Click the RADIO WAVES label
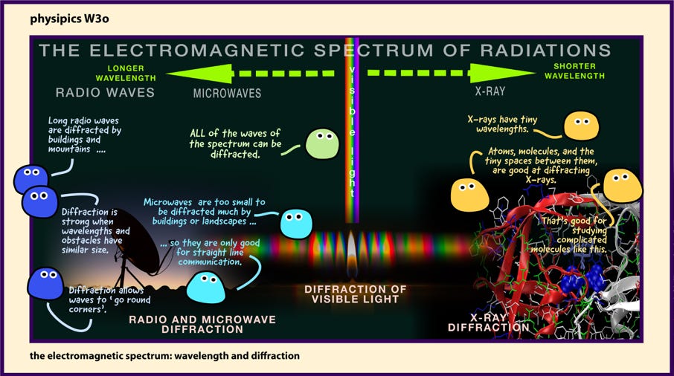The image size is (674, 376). click(x=105, y=92)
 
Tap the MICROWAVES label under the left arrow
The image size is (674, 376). click(x=227, y=93)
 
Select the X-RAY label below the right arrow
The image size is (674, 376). click(x=490, y=91)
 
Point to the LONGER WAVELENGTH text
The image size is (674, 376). click(x=126, y=73)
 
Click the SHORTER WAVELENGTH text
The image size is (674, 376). click(x=575, y=71)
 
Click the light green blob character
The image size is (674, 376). click(x=322, y=144)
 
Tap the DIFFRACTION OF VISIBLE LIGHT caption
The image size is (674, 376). click(x=355, y=294)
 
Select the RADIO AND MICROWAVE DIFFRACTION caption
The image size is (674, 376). click(x=202, y=325)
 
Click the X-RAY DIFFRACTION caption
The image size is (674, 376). click(x=489, y=322)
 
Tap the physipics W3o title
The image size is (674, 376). click(x=69, y=19)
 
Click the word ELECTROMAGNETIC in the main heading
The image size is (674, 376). click(x=197, y=51)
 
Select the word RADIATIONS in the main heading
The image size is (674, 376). click(x=545, y=51)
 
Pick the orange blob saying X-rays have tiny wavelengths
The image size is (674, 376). click(x=581, y=126)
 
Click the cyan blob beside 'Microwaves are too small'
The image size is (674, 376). click(x=296, y=224)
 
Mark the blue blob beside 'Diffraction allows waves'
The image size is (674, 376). click(x=45, y=283)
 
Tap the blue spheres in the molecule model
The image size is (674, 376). click(x=585, y=279)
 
